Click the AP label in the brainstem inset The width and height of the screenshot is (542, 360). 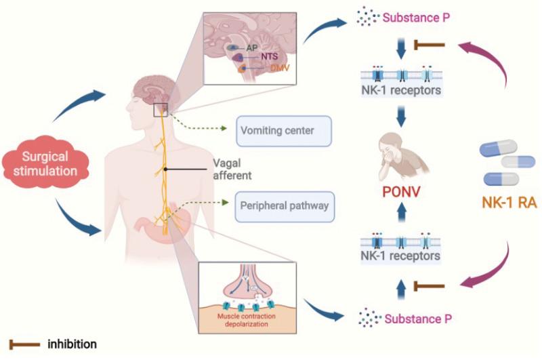pos(251,49)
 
